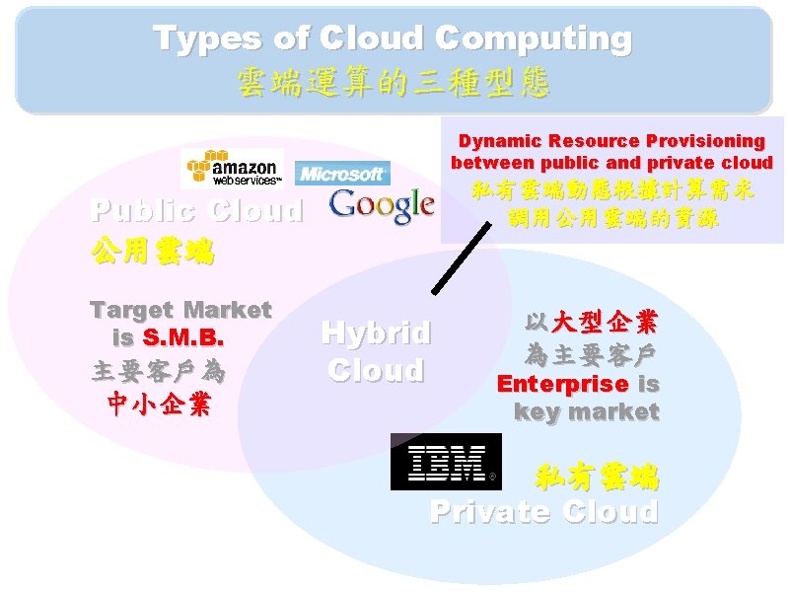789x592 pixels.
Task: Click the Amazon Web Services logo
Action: click(232, 169)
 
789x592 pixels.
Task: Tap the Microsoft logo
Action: click(341, 174)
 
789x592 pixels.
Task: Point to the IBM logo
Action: click(446, 462)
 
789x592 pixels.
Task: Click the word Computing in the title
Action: click(533, 38)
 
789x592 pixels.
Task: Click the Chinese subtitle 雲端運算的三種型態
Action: click(394, 82)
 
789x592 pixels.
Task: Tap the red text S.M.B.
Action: click(184, 338)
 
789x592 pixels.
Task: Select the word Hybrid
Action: click(376, 333)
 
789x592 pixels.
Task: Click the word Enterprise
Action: click(562, 383)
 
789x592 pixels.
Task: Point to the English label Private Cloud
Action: click(543, 512)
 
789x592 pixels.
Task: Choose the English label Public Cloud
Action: click(196, 211)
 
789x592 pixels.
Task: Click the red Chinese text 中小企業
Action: click(159, 405)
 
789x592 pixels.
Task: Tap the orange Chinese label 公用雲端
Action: click(152, 251)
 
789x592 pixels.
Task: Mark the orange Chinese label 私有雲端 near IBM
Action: click(597, 480)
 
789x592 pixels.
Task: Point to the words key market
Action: click(586, 412)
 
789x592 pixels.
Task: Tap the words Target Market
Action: click(180, 310)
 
